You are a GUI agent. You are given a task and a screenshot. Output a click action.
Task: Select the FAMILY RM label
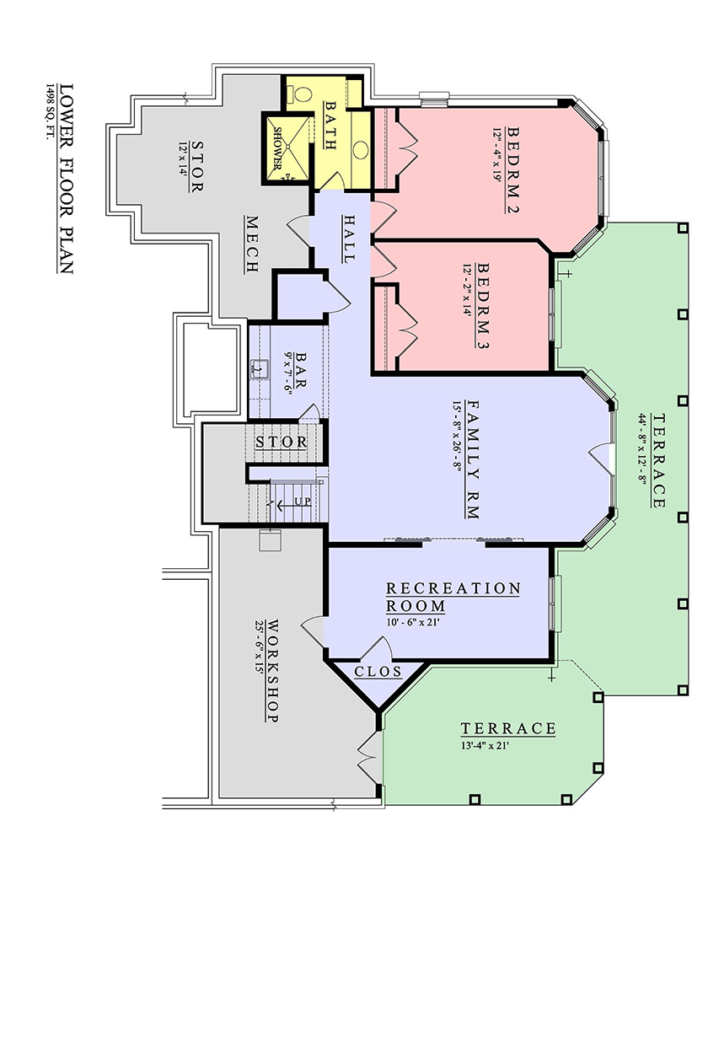point(474,459)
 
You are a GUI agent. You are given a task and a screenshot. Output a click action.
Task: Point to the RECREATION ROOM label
point(453,597)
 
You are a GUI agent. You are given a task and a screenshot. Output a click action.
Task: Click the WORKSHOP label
point(273,671)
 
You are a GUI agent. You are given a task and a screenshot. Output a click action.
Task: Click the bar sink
point(260,369)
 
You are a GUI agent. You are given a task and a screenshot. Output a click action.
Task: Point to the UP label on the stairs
point(303,501)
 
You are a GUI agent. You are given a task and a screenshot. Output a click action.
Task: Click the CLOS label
point(378,671)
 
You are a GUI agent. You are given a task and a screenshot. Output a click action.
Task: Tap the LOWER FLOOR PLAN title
point(66,179)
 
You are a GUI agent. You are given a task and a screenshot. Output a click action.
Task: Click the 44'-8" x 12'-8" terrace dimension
point(642,447)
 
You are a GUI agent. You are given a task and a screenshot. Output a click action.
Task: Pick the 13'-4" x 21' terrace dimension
point(485,745)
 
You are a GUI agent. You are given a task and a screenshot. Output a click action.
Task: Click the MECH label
point(252,244)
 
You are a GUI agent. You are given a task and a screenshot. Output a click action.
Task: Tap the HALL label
point(349,239)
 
